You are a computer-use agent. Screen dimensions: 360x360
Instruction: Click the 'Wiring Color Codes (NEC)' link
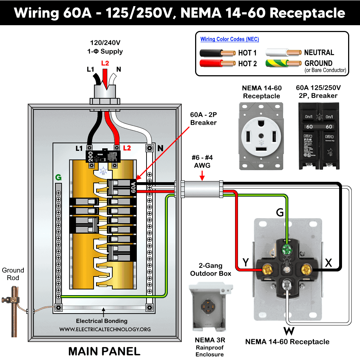[230, 39]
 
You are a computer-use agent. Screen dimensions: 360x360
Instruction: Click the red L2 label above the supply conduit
[105, 63]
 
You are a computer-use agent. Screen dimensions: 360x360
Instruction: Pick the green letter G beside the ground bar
[58, 177]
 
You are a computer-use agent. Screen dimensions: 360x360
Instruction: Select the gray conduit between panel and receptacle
[202, 189]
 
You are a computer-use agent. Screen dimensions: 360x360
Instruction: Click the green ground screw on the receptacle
[287, 249]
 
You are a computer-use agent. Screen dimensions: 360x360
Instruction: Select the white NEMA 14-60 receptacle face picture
[261, 136]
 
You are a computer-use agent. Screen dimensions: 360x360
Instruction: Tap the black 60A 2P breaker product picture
[319, 136]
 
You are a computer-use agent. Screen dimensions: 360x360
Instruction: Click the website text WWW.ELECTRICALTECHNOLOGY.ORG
[105, 329]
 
